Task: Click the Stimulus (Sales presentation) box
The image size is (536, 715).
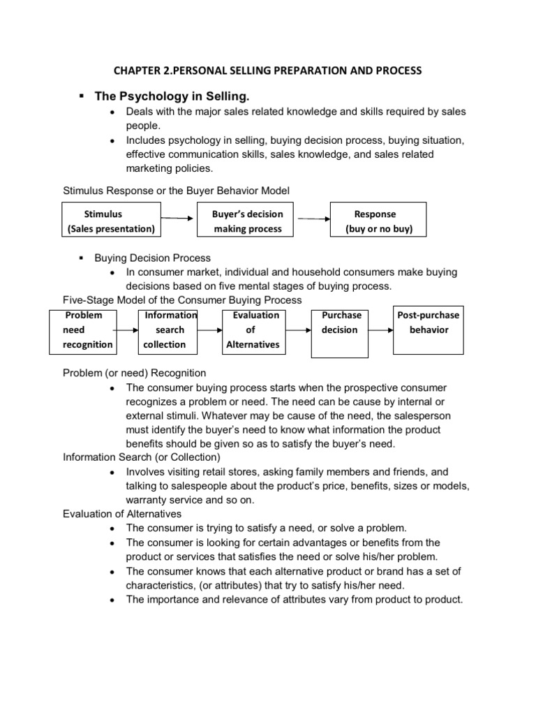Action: click(x=112, y=221)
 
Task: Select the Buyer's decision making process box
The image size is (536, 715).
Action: click(x=248, y=221)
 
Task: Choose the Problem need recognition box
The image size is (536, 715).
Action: click(x=83, y=330)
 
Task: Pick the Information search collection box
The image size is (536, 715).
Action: click(x=168, y=330)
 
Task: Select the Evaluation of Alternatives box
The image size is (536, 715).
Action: click(x=252, y=330)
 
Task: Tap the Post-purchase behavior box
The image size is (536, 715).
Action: click(x=428, y=330)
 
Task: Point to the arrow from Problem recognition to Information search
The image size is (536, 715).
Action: click(x=126, y=330)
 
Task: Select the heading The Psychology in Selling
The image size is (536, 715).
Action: click(x=172, y=95)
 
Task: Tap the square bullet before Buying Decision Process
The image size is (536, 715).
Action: click(x=82, y=258)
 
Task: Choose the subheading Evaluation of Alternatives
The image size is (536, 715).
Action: click(x=122, y=514)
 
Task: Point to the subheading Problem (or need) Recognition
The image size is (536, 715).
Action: click(x=135, y=373)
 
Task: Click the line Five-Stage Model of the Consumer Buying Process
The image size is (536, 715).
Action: click(x=182, y=300)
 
